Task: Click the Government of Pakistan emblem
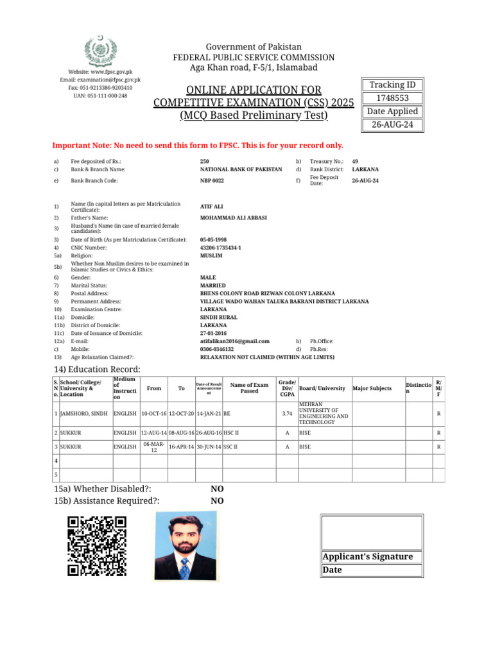click(x=101, y=51)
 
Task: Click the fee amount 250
click(x=205, y=162)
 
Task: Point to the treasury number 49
click(x=355, y=162)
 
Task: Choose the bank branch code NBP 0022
click(x=212, y=181)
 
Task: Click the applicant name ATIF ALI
click(x=212, y=207)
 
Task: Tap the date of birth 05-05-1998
click(x=213, y=239)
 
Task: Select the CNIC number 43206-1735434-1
click(x=221, y=248)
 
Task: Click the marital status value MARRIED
click(x=213, y=286)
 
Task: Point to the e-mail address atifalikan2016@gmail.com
click(x=235, y=341)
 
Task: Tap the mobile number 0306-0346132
click(x=217, y=350)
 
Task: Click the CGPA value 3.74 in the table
click(x=287, y=414)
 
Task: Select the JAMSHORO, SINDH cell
click(x=83, y=414)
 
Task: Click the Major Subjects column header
click(x=372, y=388)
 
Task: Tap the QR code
click(x=97, y=546)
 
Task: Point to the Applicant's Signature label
click(x=367, y=557)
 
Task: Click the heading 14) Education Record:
click(x=97, y=369)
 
